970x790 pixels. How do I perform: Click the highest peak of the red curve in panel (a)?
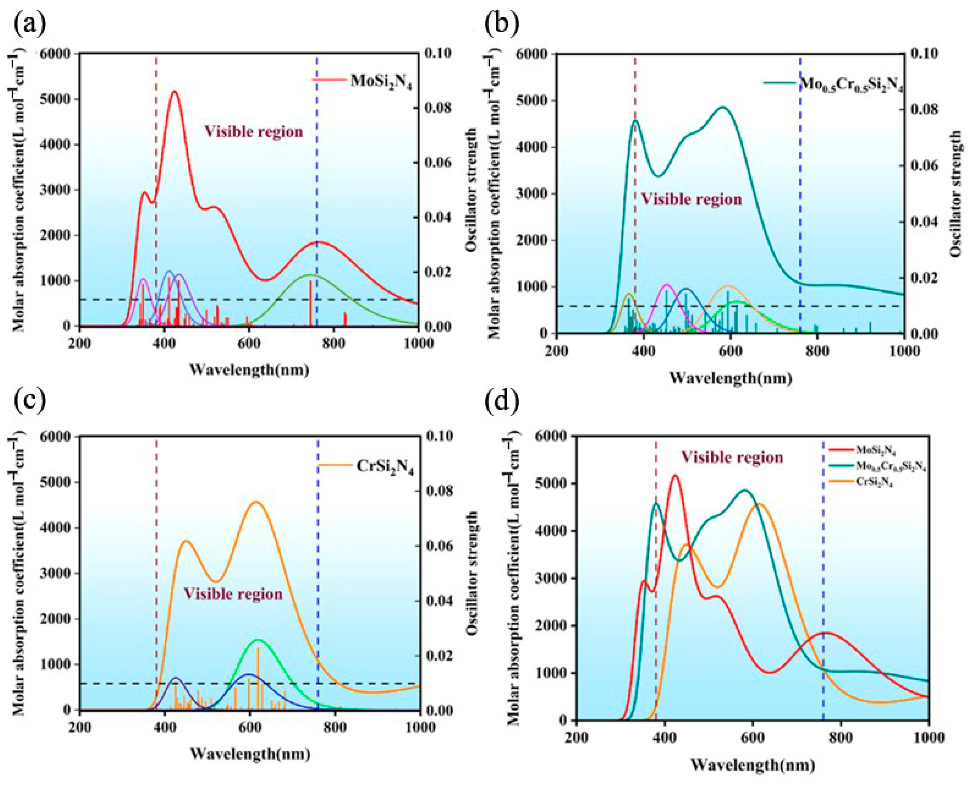coord(174,92)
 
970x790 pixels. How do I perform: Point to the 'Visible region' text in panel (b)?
coord(691,199)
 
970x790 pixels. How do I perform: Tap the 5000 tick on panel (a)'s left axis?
coord(56,99)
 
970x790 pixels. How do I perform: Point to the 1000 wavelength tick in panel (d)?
coord(928,737)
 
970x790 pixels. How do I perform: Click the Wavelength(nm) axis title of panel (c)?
coord(250,754)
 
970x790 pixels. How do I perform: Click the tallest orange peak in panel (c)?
coord(256,502)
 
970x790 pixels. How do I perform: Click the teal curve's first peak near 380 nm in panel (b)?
coord(635,121)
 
